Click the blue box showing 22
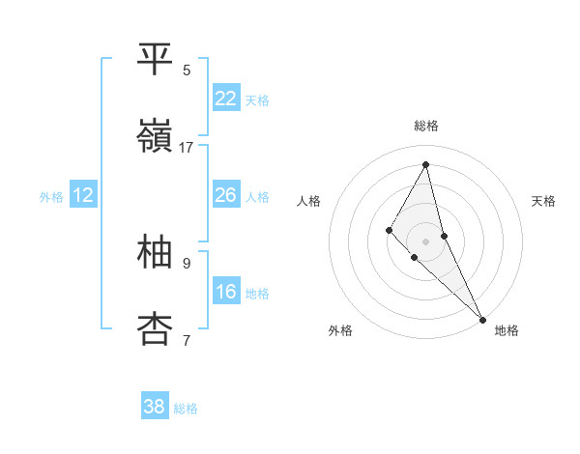point(225,98)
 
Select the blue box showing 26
point(225,195)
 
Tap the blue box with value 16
point(225,292)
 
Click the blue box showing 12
point(83,195)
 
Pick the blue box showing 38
point(154,407)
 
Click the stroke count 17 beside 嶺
point(187,147)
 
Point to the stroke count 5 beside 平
point(187,70)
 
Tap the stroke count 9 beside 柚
point(187,263)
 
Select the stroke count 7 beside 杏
point(187,340)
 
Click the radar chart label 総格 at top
point(426,126)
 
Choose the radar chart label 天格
point(543,201)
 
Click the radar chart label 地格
point(507,330)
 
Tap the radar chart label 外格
point(340,330)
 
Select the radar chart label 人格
point(309,201)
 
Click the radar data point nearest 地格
point(482,318)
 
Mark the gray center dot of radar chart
point(426,241)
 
